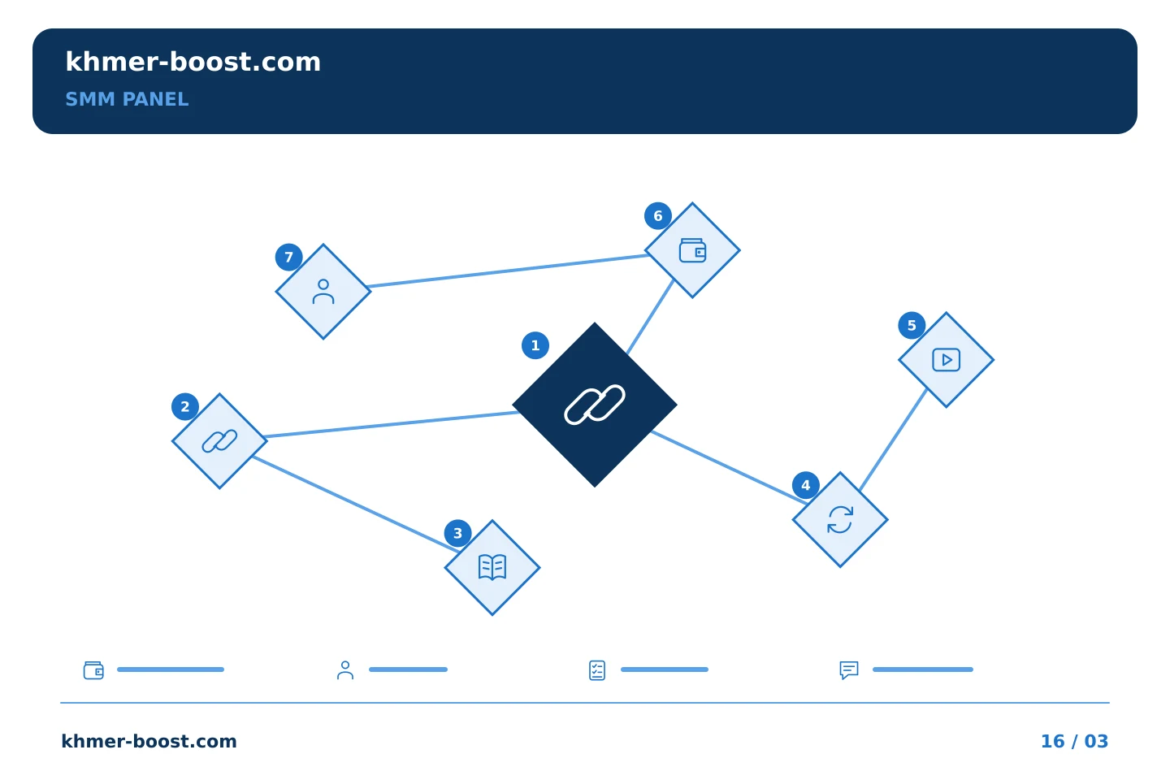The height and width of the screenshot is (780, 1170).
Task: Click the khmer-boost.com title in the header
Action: tap(193, 62)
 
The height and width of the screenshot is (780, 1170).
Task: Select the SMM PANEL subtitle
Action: tap(127, 99)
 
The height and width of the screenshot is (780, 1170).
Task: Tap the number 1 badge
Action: tap(535, 345)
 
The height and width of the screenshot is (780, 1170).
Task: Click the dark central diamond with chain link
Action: tap(595, 405)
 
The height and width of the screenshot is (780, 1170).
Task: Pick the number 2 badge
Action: tap(185, 406)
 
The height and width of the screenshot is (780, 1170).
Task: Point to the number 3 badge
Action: tap(457, 533)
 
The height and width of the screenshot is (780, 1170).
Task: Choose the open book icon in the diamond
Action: tap(492, 567)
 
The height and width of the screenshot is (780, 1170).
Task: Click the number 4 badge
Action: tap(805, 485)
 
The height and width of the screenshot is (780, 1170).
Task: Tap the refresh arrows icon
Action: tap(840, 519)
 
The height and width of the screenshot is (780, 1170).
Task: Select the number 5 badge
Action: tap(912, 326)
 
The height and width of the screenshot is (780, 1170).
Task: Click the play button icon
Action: tap(946, 360)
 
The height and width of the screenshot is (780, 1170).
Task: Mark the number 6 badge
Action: tap(657, 216)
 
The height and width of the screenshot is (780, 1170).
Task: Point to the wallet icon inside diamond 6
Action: tap(692, 250)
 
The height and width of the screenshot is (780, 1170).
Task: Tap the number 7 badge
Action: tap(288, 257)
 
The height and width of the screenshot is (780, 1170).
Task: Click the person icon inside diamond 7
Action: tap(323, 292)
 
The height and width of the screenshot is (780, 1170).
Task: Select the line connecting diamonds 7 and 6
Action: tap(508, 271)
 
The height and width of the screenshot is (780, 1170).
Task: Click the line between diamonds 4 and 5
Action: tap(893, 440)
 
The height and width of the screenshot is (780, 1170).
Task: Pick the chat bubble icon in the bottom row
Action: tap(849, 669)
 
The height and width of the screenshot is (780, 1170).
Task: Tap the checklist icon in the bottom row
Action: tap(597, 670)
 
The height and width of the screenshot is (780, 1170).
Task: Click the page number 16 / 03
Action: tap(1074, 741)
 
